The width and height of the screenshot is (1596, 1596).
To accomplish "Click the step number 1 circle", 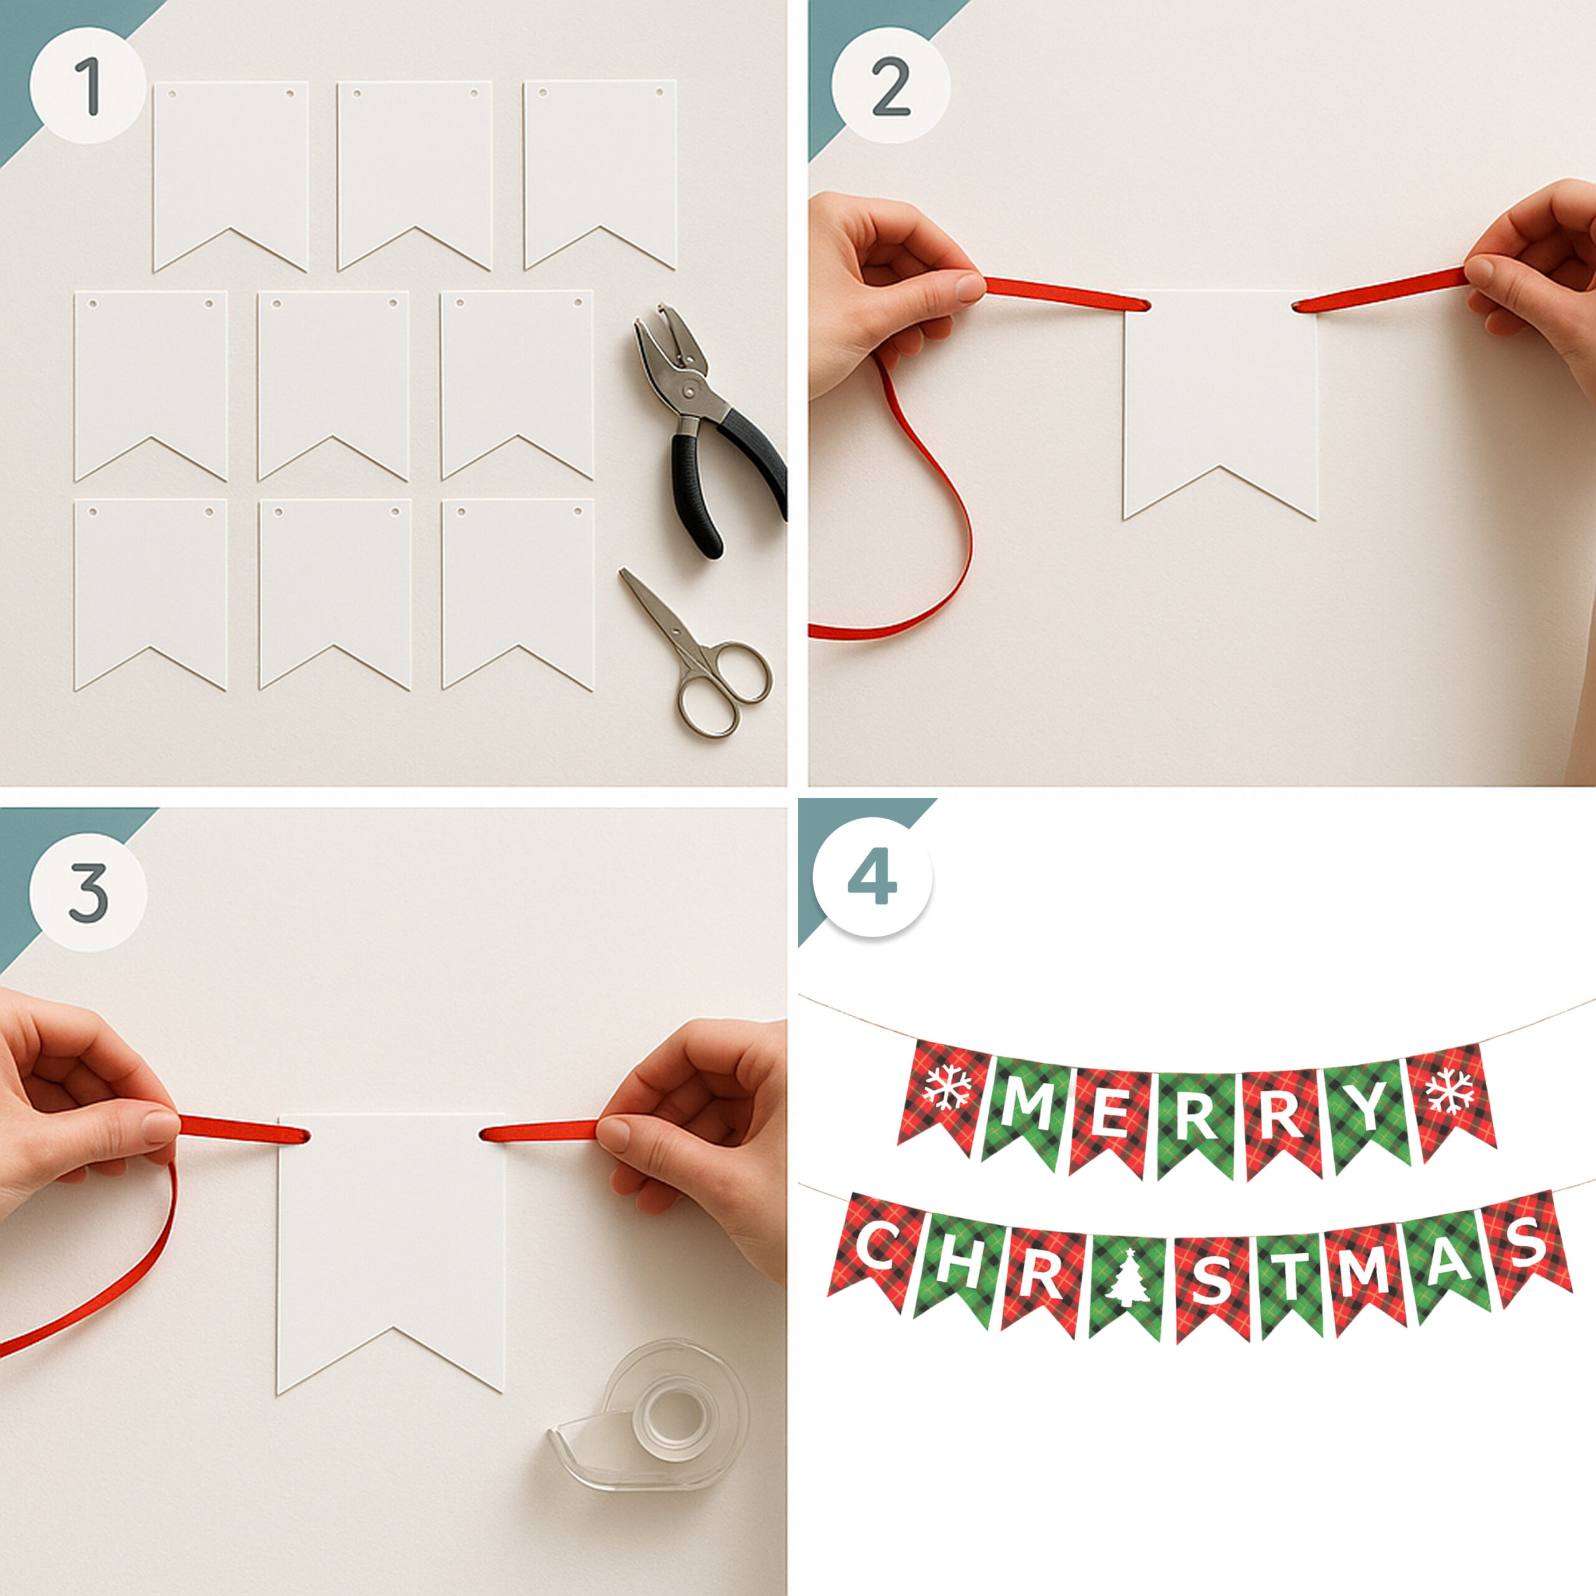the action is point(89,84).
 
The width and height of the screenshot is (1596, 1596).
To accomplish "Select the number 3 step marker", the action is point(89,893).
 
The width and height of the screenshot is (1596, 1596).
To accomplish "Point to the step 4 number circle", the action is point(872,877).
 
